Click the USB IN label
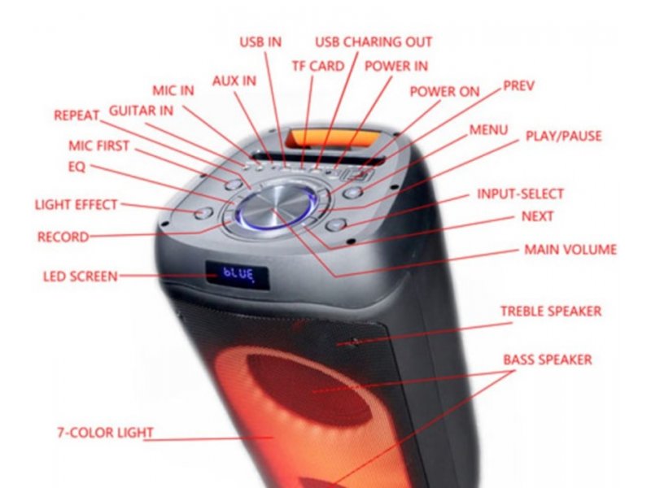click(260, 42)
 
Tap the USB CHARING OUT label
click(374, 42)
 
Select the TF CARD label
click(318, 66)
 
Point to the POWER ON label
click(444, 92)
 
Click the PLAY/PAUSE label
click(563, 136)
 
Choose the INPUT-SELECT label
click(520, 194)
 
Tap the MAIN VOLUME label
click(570, 250)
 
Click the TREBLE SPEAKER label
click(551, 312)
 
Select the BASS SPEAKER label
click(548, 359)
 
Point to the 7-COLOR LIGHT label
click(105, 433)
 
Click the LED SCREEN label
click(81, 277)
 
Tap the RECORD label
click(63, 237)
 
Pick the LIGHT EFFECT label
click(76, 205)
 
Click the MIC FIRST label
click(98, 146)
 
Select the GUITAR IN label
click(141, 111)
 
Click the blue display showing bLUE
click(238, 275)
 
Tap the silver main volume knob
click(276, 206)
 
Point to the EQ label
click(76, 167)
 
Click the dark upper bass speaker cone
click(309, 390)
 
